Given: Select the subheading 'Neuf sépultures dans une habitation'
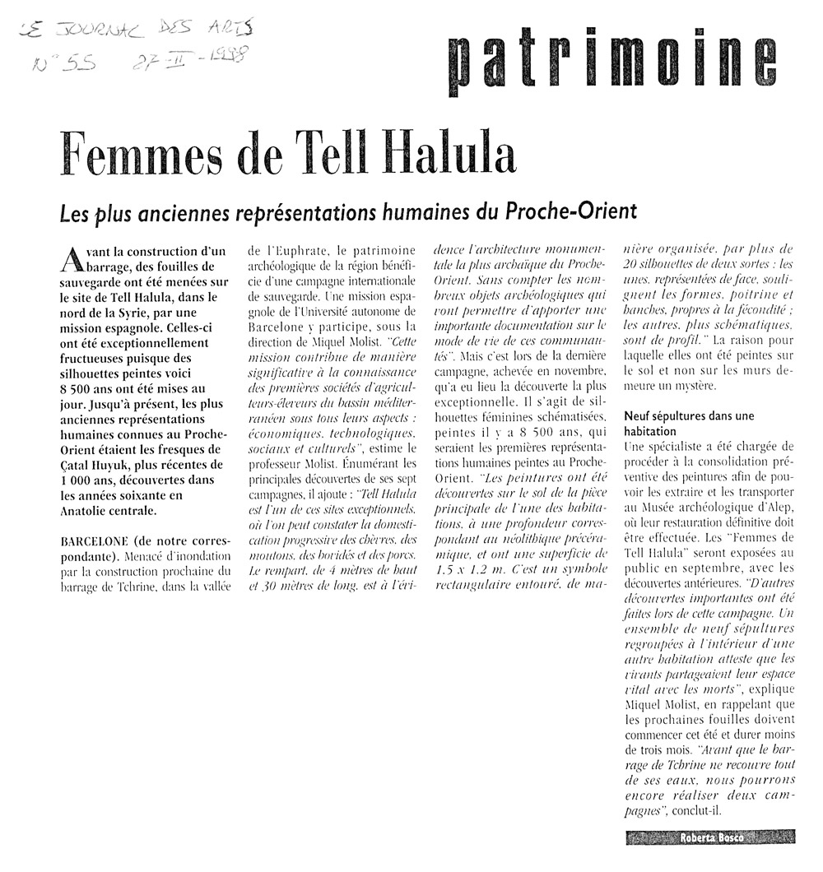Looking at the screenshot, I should [x=688, y=424].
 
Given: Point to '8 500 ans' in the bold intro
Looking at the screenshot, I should [x=90, y=389].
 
